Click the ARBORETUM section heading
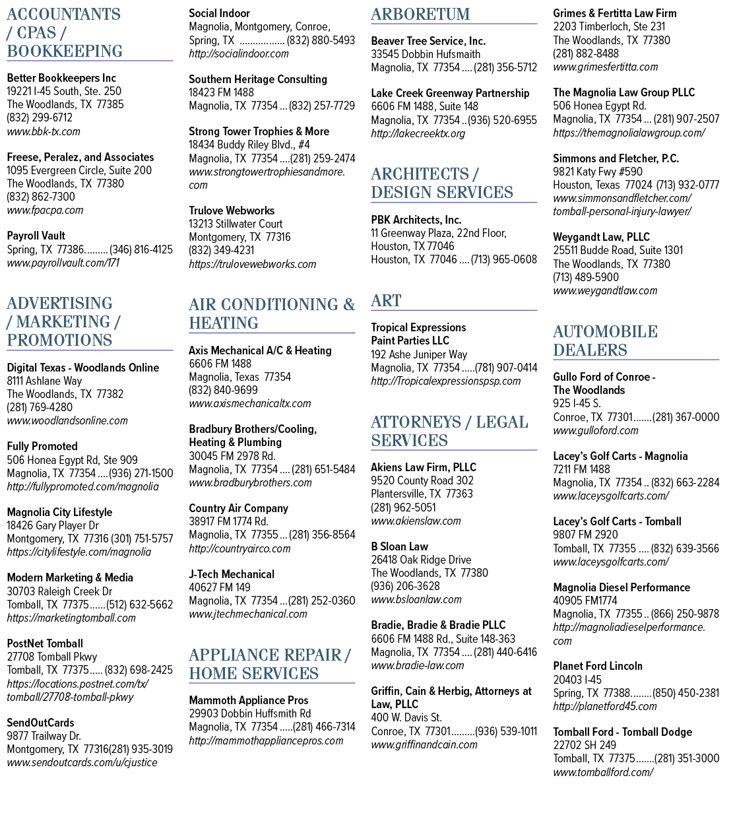(x=420, y=14)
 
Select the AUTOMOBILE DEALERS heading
(x=606, y=341)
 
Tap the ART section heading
(x=386, y=301)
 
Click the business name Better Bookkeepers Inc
(x=61, y=78)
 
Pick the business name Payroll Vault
(x=36, y=236)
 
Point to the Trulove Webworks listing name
(x=232, y=211)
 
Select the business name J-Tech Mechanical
(x=232, y=574)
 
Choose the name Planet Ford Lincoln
(x=598, y=666)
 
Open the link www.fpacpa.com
(x=45, y=211)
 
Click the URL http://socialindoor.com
(x=239, y=54)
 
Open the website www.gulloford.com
(x=596, y=431)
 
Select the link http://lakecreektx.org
(x=418, y=134)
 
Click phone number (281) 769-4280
(x=40, y=407)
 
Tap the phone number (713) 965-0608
(x=503, y=259)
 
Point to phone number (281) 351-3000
(x=687, y=758)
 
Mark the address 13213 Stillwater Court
(x=236, y=224)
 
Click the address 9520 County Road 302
(x=422, y=480)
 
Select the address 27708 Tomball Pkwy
(x=52, y=657)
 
